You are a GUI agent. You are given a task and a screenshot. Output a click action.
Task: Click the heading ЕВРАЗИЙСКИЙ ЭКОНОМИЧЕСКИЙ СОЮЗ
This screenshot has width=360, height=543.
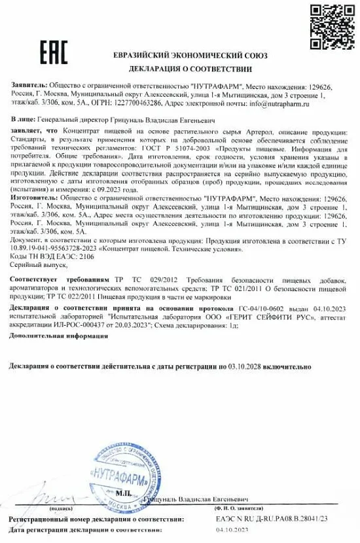(190, 55)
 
